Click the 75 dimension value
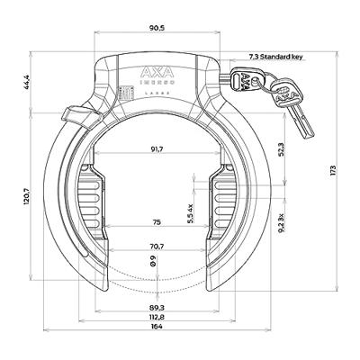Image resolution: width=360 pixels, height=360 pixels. (x=157, y=221)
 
